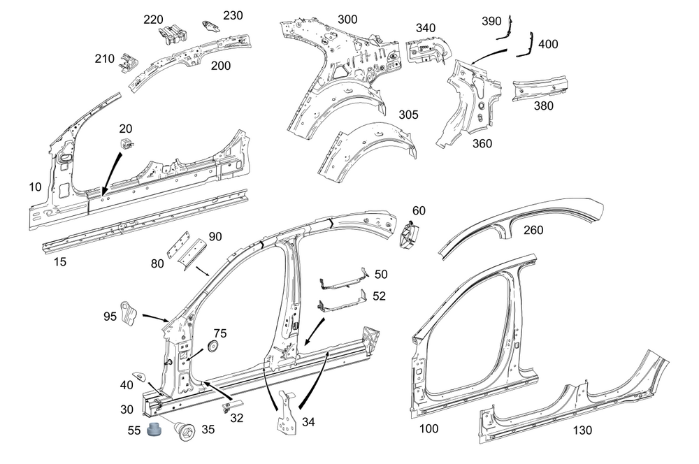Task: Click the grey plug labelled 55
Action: pos(154,432)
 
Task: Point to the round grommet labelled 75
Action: pos(214,346)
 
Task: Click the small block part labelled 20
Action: pos(126,143)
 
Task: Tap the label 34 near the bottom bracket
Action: pos(308,422)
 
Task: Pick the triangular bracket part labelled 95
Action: pos(129,312)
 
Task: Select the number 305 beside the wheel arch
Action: pos(410,115)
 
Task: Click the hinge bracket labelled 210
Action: pos(127,61)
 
